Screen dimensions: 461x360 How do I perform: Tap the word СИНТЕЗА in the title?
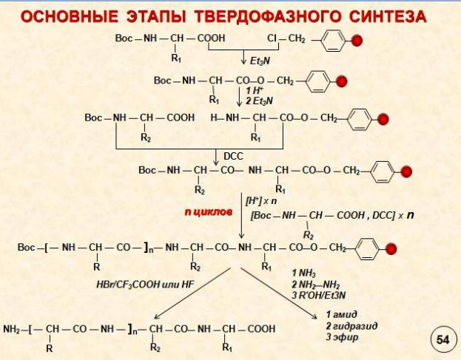(x=388, y=16)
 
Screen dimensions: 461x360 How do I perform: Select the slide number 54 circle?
(x=443, y=340)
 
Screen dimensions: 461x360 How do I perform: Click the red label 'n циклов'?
(x=209, y=211)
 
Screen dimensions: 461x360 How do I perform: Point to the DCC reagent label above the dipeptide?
(x=233, y=156)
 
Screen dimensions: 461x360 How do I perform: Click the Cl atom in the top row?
(x=272, y=38)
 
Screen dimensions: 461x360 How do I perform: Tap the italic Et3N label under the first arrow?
(x=260, y=61)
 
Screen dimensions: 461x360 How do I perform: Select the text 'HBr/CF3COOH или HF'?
(x=145, y=285)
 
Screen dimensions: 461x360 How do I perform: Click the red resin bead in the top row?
(x=357, y=41)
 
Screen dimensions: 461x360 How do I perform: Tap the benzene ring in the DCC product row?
(x=382, y=171)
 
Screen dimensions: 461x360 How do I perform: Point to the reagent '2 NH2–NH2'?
(x=316, y=285)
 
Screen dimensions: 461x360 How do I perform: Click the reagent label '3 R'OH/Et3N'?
(x=318, y=295)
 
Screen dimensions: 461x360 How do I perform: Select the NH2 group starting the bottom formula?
(x=11, y=329)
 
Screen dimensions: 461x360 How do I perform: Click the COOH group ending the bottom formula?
(x=261, y=329)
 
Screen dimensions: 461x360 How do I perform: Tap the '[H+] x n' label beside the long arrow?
(x=261, y=201)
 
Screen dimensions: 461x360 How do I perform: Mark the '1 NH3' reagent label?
(x=303, y=274)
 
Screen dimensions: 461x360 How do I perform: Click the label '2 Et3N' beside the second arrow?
(x=259, y=101)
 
